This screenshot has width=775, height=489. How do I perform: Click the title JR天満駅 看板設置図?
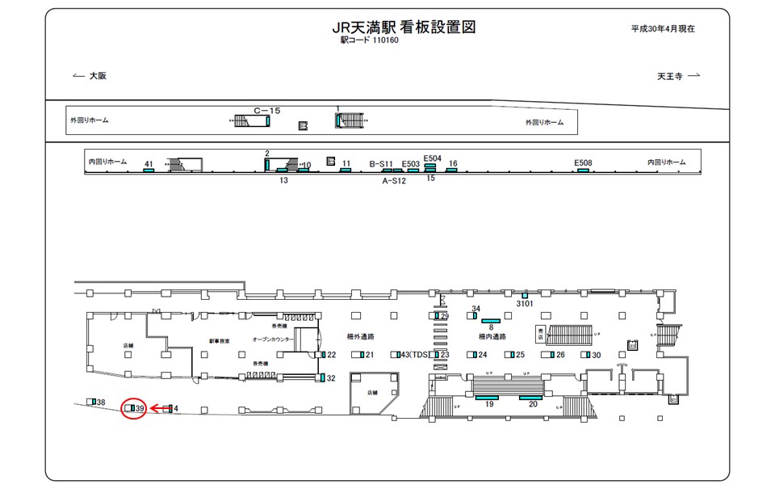point(404,27)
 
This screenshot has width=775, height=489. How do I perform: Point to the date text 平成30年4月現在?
point(663,28)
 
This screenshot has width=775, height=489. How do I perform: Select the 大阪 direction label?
point(98,76)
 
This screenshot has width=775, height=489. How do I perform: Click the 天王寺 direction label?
point(669,76)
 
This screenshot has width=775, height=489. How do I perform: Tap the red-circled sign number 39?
point(140,409)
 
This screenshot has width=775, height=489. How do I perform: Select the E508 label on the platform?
point(583,162)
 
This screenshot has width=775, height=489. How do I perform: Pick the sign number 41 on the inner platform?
point(149,164)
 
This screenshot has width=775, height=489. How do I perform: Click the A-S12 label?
point(393,181)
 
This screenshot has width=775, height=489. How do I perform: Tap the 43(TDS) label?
point(412,355)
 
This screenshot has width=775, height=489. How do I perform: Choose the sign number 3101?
point(525,304)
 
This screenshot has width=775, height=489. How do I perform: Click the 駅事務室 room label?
point(220,341)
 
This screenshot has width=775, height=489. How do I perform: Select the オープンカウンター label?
point(273,339)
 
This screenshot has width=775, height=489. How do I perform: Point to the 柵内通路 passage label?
point(492,336)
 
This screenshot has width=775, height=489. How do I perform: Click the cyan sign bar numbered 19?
point(487,398)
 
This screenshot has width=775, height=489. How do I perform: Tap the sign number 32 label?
point(330,377)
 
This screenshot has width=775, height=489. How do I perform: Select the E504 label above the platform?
point(433,158)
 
